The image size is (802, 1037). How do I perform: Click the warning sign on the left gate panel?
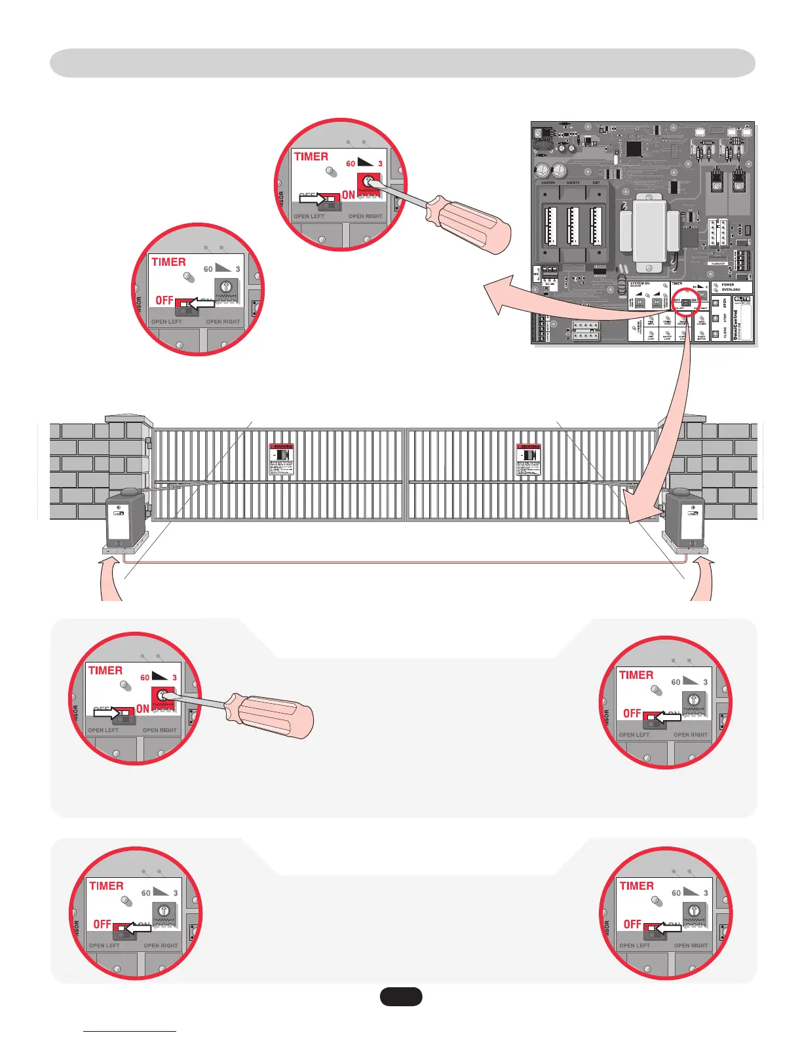click(282, 459)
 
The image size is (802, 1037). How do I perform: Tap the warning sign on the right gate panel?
click(528, 459)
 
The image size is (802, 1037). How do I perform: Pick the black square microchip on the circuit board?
click(634, 149)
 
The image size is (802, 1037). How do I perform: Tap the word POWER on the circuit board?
click(728, 285)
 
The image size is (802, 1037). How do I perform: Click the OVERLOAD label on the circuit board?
click(731, 289)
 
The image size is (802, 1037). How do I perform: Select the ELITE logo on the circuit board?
click(742, 300)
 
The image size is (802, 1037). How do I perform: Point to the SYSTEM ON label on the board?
click(640, 283)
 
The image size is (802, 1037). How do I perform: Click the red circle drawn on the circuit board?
click(685, 302)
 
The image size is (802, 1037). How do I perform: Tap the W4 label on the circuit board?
click(537, 274)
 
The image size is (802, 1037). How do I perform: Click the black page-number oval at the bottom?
click(401, 996)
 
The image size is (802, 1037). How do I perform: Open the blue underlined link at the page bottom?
click(130, 1030)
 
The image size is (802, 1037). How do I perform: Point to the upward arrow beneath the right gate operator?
click(702, 576)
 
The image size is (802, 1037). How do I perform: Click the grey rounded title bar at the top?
click(402, 63)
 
